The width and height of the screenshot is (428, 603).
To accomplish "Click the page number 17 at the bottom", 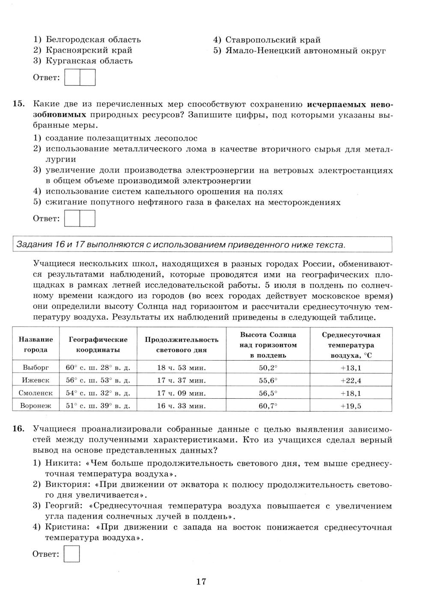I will pos(201,582).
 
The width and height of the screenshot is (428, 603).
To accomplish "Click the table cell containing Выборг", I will pos(36,367).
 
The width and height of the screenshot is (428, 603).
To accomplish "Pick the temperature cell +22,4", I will pos(351,380).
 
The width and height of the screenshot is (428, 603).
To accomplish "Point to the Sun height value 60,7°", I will pos(268,406).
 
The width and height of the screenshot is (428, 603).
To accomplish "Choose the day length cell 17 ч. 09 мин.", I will pos(181,393).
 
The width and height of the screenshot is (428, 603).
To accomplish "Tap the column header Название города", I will pos(36,344).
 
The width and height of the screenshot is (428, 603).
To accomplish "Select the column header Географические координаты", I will pos(98,344).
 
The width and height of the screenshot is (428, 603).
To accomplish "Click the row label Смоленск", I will pos(36,393).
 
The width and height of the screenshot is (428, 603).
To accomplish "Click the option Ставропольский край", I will pos(273,40).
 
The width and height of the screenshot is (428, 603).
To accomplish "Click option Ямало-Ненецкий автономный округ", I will pos(306,51).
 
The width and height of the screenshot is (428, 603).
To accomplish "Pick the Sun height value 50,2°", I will pos(268,367).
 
